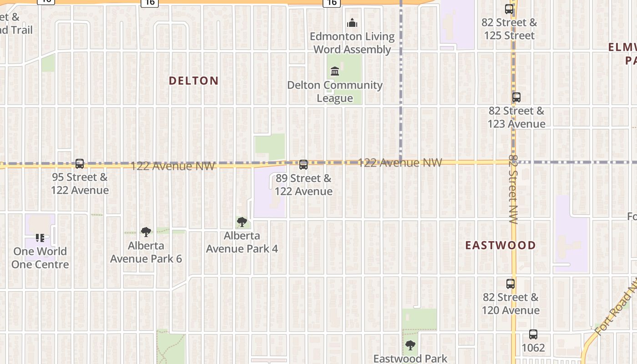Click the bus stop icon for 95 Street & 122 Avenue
[x=80, y=164]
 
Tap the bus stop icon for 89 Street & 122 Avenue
[x=303, y=165]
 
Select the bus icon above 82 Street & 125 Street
[x=509, y=9]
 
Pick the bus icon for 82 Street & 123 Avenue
[x=516, y=97]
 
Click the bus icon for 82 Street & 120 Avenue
[x=511, y=284]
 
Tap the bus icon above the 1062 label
[x=533, y=334]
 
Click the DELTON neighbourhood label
[x=194, y=81]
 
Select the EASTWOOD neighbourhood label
[x=500, y=246]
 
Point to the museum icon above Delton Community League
[x=335, y=71]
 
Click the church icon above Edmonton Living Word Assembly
[x=352, y=23]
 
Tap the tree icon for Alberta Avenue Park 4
[x=242, y=222]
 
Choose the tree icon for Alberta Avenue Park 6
[x=146, y=232]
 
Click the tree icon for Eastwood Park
[x=410, y=345]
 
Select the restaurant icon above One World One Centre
[x=40, y=238]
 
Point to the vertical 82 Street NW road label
[x=514, y=189]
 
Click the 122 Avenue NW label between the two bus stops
[x=173, y=166]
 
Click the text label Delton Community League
[x=335, y=91]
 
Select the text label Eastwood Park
[x=410, y=359]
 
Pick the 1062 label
[x=533, y=348]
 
